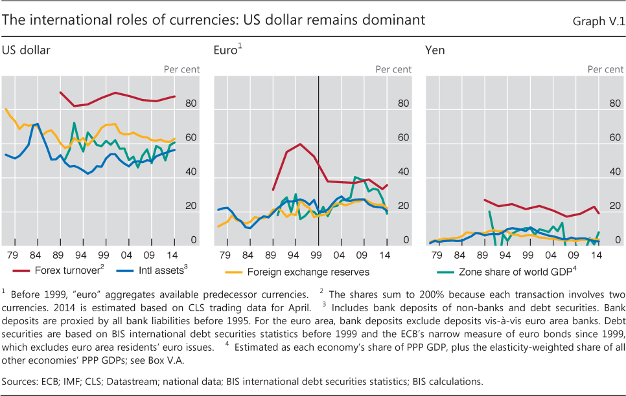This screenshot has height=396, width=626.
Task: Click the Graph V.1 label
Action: point(597,21)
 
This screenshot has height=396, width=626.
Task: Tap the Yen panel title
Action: point(435,49)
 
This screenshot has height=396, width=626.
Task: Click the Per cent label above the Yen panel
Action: point(605,69)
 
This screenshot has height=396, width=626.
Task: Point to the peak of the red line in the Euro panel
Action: point(300,144)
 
